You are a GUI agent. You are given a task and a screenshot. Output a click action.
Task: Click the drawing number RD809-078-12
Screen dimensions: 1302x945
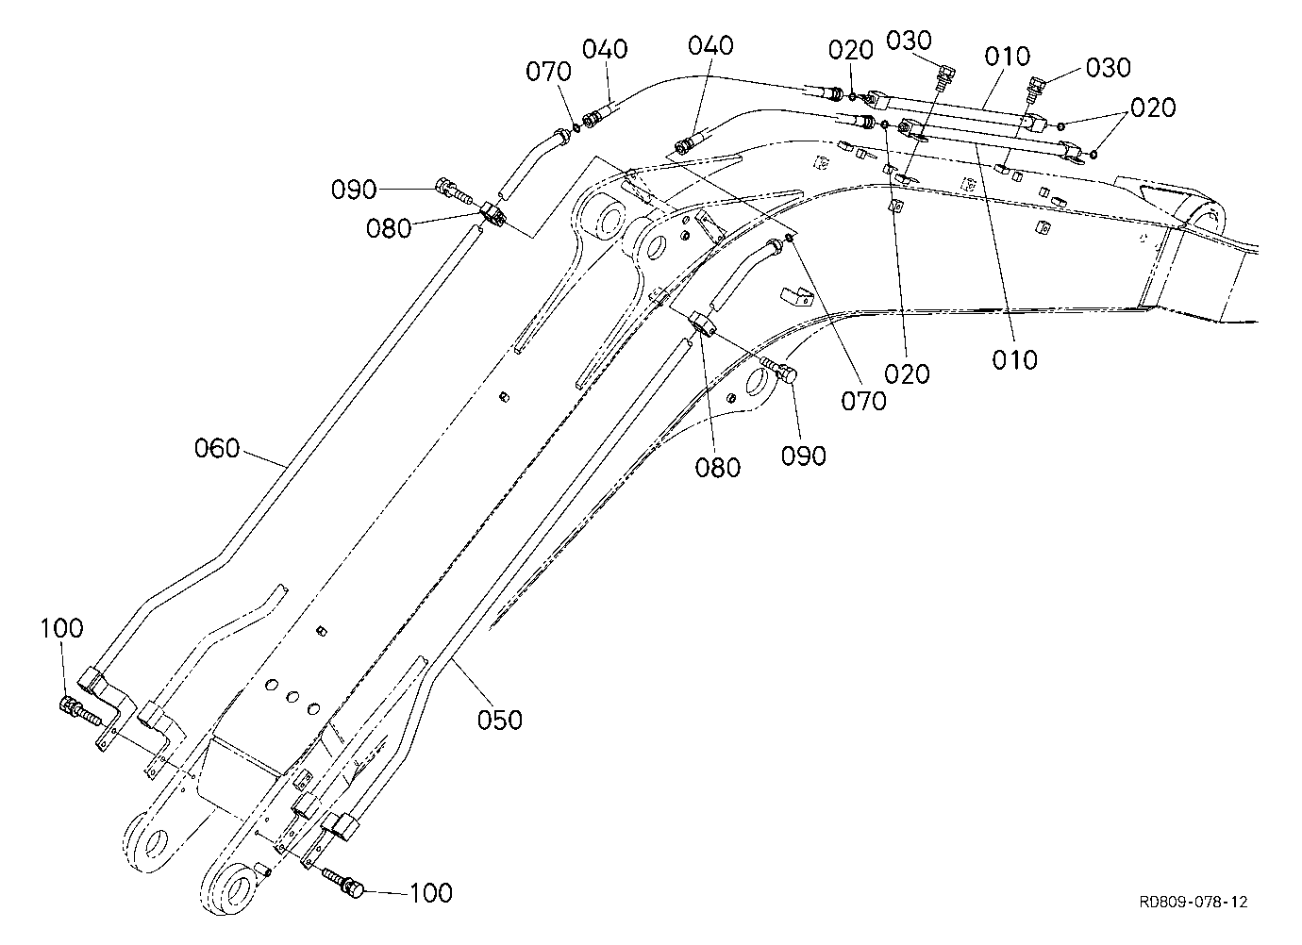(x=1193, y=902)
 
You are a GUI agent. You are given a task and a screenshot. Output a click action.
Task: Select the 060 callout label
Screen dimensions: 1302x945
(x=217, y=448)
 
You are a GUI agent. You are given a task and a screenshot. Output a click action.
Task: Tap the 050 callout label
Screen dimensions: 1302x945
(x=500, y=721)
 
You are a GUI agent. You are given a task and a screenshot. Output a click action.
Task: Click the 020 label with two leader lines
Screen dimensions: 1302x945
(x=1153, y=108)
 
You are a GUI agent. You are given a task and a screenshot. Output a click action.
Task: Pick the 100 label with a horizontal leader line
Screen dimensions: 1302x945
(x=431, y=893)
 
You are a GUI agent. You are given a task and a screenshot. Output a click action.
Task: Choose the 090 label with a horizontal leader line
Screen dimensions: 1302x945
(x=354, y=190)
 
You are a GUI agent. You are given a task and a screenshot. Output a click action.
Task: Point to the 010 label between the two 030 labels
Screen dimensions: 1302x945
(x=1008, y=57)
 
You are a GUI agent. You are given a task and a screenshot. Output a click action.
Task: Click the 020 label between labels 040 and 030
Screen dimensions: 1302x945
(x=851, y=50)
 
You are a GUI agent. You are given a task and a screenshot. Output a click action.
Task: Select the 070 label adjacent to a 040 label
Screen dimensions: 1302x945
(x=549, y=72)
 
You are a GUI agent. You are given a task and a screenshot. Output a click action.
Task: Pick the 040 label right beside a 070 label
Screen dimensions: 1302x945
(x=605, y=49)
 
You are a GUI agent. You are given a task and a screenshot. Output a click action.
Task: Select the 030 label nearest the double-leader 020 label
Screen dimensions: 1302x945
(x=1109, y=67)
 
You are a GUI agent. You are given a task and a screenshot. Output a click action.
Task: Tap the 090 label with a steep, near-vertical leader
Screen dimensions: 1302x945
(x=803, y=456)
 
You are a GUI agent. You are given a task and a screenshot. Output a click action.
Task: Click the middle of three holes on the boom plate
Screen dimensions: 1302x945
(x=292, y=697)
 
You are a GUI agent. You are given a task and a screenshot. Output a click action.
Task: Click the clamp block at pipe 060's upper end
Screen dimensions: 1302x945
(x=492, y=213)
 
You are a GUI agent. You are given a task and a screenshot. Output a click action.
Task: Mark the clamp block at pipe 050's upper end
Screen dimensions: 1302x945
(x=703, y=324)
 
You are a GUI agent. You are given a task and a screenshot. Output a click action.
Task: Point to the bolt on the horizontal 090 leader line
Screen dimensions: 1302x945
(x=454, y=191)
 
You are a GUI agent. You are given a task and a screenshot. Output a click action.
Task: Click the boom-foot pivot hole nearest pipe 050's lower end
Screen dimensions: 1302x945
(x=237, y=889)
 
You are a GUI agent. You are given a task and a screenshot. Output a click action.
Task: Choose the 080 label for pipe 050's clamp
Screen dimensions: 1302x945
(x=718, y=468)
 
